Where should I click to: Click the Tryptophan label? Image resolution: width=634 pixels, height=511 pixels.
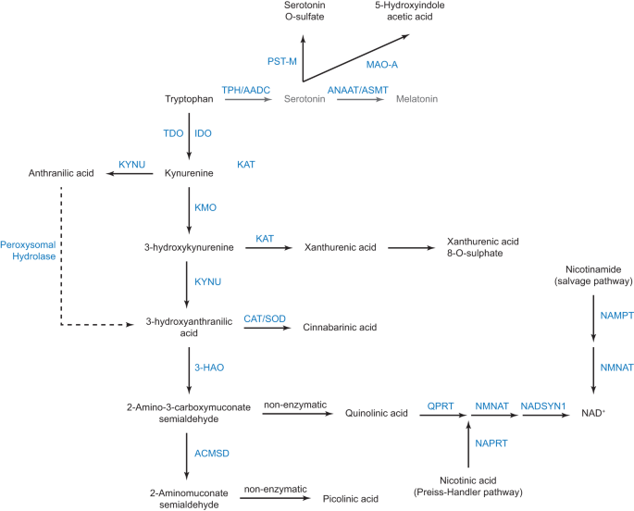pyautogui.click(x=188, y=98)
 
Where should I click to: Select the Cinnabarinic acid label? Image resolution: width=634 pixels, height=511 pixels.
pyautogui.click(x=340, y=328)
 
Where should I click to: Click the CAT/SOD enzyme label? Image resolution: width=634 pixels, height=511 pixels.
pyautogui.click(x=264, y=318)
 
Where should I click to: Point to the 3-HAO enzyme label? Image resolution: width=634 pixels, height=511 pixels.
pyautogui.click(x=208, y=368)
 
